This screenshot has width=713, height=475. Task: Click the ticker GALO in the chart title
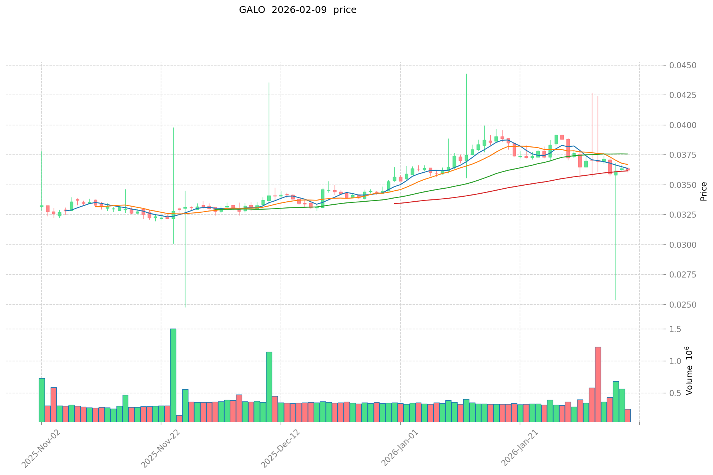252,10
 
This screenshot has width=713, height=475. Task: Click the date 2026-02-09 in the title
299,10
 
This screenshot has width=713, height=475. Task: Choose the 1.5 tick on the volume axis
676,329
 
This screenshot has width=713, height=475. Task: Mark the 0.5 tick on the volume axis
676,393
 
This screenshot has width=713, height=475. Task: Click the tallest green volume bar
173,376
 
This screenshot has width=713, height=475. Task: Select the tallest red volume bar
598,384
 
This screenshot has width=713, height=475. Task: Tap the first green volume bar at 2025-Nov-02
41,400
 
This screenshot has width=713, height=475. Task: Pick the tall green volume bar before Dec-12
269,387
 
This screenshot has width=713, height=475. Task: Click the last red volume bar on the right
628,416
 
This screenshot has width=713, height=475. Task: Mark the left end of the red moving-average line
394,204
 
